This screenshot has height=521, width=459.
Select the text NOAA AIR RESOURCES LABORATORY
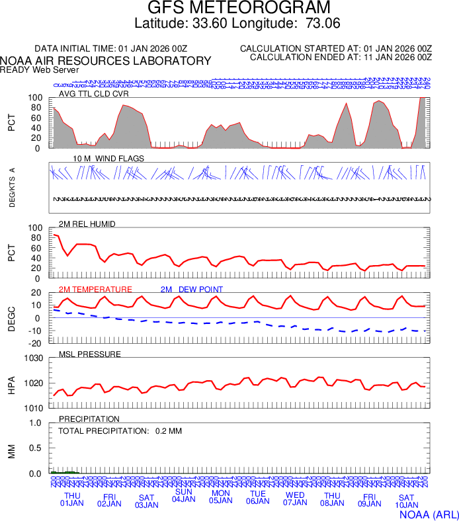point(106,61)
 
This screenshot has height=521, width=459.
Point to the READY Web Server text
point(40,69)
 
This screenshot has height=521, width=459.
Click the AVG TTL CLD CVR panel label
point(95,94)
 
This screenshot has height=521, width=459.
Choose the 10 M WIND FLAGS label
point(108,159)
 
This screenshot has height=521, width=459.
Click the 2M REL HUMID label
point(87,224)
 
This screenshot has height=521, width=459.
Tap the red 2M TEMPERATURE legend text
point(96,290)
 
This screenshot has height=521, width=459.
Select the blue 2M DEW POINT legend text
point(192,290)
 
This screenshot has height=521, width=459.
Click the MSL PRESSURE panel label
point(90,354)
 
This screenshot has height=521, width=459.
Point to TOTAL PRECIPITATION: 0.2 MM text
point(120,431)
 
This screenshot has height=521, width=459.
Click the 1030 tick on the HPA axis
point(33,358)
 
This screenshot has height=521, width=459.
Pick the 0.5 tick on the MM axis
point(36,448)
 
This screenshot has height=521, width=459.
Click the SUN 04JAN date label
point(183,495)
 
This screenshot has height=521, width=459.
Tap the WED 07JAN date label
point(295,499)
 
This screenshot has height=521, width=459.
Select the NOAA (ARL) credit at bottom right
point(429,514)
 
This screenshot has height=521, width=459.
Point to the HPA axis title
point(12,383)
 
